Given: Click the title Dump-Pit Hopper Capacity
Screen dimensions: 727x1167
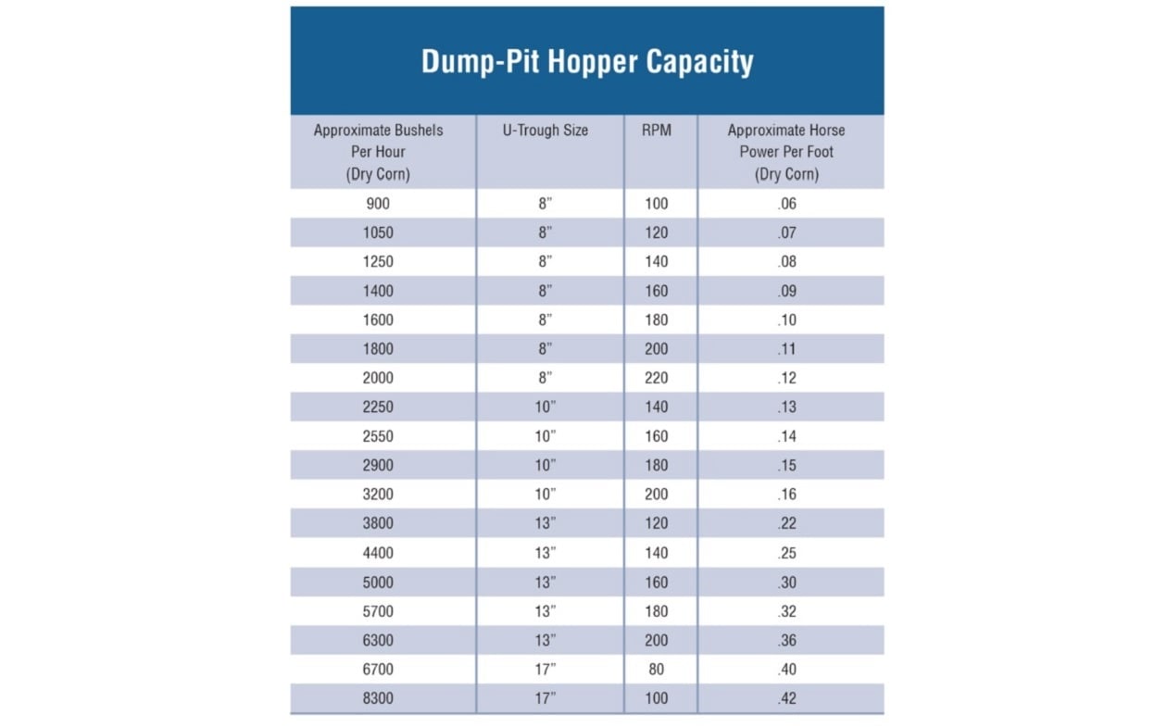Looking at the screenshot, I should (587, 61).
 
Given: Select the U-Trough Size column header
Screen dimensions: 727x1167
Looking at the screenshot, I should (545, 131).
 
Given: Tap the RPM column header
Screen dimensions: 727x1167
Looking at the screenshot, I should (656, 131).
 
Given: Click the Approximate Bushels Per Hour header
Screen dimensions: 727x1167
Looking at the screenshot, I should (378, 152).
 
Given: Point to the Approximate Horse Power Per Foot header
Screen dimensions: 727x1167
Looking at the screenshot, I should (786, 152).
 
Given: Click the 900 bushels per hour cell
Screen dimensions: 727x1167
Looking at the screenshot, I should (378, 204).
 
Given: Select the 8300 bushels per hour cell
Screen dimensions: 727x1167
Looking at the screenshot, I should (378, 698).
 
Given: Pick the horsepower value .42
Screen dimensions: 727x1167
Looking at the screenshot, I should (786, 698).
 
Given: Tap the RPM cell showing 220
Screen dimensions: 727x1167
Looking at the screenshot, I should (656, 378).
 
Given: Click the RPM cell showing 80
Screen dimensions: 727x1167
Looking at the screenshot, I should (656, 669).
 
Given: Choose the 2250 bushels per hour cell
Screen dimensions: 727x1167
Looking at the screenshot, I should (378, 407).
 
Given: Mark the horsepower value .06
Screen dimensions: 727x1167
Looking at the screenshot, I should (786, 204).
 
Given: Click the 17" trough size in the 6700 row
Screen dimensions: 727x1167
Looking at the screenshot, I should (546, 669).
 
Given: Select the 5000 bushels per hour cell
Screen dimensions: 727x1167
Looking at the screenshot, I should (378, 583).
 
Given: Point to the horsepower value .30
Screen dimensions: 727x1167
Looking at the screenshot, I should (786, 583).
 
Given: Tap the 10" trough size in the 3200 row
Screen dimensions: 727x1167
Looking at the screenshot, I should (546, 495).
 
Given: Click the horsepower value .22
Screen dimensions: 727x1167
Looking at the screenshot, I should (786, 523).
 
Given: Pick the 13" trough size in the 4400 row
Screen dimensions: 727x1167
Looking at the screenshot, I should (546, 553).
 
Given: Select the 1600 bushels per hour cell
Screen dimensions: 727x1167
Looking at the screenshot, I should (378, 320).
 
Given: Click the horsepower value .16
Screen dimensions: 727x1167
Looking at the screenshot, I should (786, 495).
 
